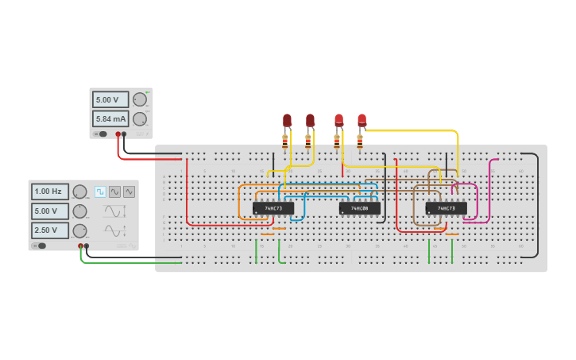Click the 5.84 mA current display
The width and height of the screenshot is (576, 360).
tap(110, 119)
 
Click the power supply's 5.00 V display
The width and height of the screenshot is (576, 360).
tap(110, 100)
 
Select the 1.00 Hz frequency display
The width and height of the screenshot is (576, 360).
tap(49, 192)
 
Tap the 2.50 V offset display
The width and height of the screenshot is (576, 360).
tap(49, 230)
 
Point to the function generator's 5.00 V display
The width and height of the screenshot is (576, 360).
tap(49, 211)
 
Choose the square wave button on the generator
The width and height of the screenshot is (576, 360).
tap(100, 192)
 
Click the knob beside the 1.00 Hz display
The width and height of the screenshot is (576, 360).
tap(79, 192)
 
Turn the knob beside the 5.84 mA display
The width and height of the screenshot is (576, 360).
tap(140, 119)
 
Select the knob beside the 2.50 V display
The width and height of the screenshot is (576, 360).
tap(79, 230)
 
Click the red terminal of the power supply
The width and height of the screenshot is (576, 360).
tap(118, 134)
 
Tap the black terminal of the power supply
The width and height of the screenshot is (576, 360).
tap(124, 134)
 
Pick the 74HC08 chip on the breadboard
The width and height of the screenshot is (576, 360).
tap(359, 208)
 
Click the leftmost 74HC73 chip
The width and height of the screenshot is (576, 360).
tap(273, 208)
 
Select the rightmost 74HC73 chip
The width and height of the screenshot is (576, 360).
tap(446, 208)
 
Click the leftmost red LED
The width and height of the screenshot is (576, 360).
tap(287, 121)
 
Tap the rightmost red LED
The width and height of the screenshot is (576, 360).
tap(361, 121)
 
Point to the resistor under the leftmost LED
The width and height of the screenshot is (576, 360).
tap(285, 141)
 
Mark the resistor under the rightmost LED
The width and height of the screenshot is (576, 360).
tap(360, 141)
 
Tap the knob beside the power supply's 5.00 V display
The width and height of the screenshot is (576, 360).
tap(140, 99)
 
